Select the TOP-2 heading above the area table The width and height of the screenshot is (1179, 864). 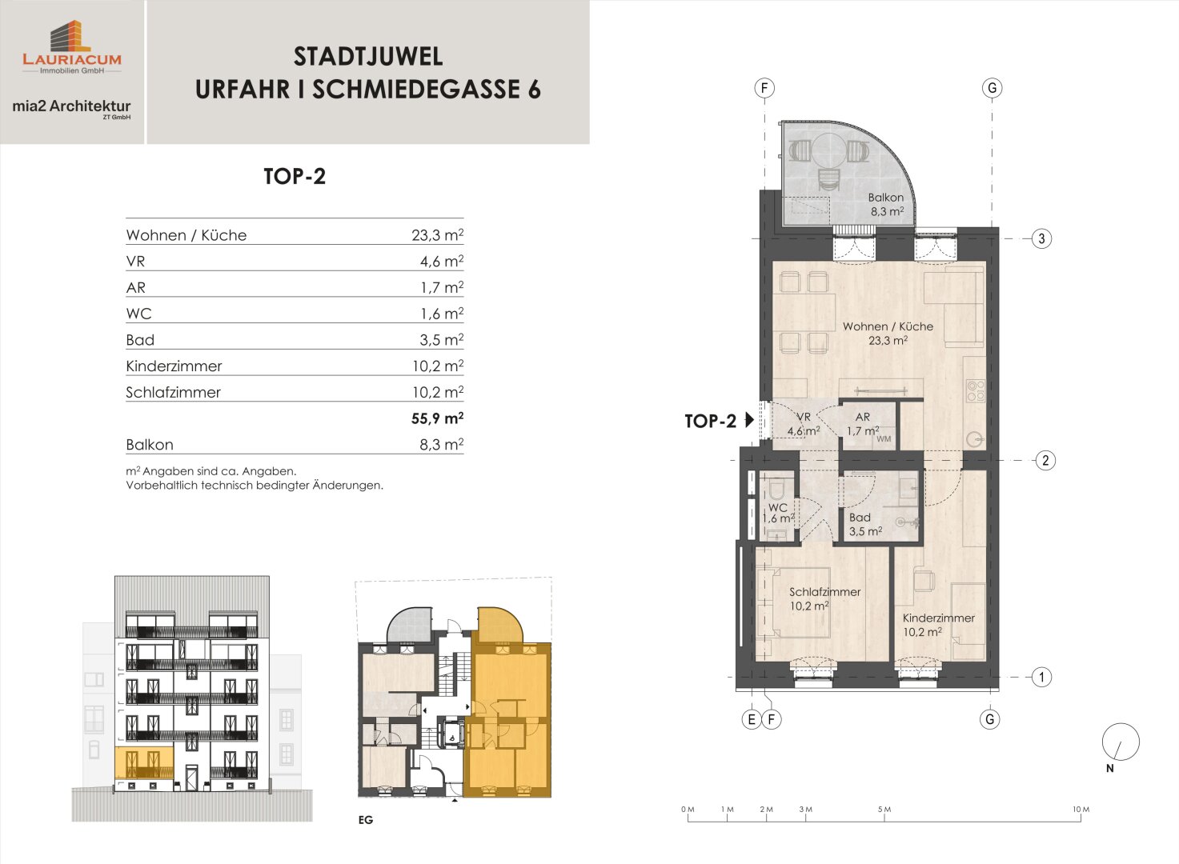tap(295, 176)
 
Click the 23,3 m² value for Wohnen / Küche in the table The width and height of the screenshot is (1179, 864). tap(437, 234)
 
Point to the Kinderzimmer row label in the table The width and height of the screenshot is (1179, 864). tap(174, 366)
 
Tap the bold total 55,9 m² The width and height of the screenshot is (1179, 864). tap(437, 418)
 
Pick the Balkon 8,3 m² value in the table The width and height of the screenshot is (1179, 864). tap(442, 445)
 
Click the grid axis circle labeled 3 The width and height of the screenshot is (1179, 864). tap(1041, 238)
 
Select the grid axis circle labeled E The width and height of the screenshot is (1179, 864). tap(752, 719)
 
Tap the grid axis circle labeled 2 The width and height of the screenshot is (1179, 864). tap(1045, 461)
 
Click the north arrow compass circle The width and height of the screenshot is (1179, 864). tap(1121, 742)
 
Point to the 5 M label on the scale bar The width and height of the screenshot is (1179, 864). tap(884, 810)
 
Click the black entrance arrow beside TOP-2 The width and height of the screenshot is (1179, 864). tap(749, 420)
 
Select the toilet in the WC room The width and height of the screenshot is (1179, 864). tap(776, 489)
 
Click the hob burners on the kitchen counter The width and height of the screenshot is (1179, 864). tap(976, 391)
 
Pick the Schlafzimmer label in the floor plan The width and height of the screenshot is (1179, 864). tap(824, 592)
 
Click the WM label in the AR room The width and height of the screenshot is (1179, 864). tap(884, 439)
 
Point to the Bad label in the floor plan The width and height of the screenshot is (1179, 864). tap(860, 518)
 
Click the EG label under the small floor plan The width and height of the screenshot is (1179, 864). tap(365, 820)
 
